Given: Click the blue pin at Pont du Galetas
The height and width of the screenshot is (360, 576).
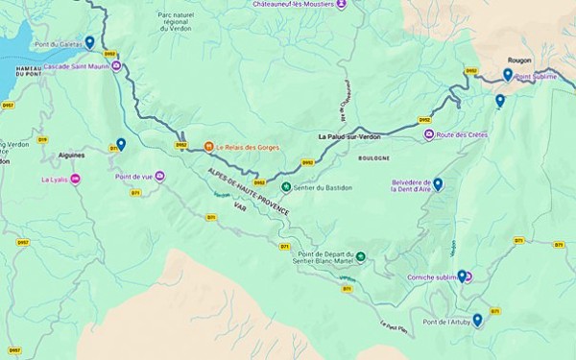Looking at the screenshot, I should (89, 41).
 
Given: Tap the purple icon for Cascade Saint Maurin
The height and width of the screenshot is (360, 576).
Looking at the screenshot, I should (116, 66).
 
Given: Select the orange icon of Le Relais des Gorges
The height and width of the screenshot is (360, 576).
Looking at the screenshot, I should (208, 147).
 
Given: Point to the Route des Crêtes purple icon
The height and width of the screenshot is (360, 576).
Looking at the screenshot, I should (429, 134).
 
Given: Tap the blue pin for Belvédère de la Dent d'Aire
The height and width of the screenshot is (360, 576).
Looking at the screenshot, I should (438, 182).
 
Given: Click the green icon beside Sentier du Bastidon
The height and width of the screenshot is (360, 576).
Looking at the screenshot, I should (285, 187).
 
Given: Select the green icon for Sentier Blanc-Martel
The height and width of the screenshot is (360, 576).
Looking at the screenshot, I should (360, 256).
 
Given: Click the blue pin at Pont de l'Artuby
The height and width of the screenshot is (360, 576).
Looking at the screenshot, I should (477, 319).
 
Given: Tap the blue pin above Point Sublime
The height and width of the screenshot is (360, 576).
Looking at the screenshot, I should (508, 73).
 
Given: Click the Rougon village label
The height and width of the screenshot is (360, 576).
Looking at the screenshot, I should (519, 60).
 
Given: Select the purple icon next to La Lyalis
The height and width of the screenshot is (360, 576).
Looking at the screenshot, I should (76, 180).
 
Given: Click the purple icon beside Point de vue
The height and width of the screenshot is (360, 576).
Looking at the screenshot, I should (160, 176).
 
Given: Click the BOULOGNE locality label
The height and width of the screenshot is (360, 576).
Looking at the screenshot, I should (373, 157).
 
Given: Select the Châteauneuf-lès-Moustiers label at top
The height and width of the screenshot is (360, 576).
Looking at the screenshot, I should (292, 4).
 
